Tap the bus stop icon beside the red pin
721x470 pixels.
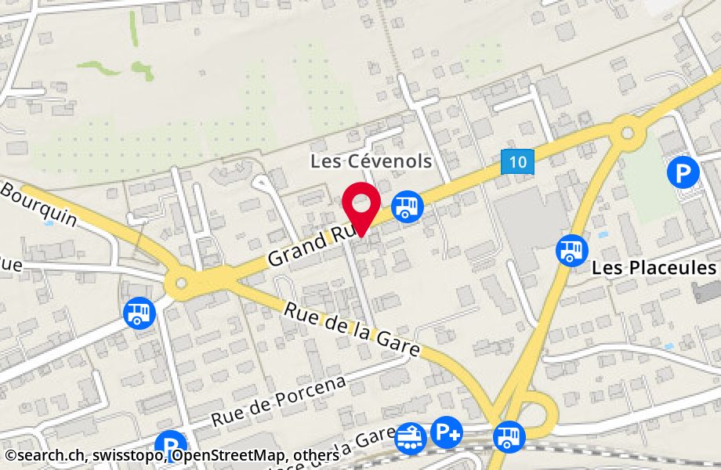pos(408,206)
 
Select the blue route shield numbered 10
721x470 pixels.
pos(517,162)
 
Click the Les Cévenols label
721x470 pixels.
pos(371,161)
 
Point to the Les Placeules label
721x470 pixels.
pos(654,268)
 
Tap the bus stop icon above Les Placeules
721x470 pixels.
pos(571,251)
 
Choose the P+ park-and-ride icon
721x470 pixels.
pos(447,432)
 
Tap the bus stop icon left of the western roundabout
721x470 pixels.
pos(139,313)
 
